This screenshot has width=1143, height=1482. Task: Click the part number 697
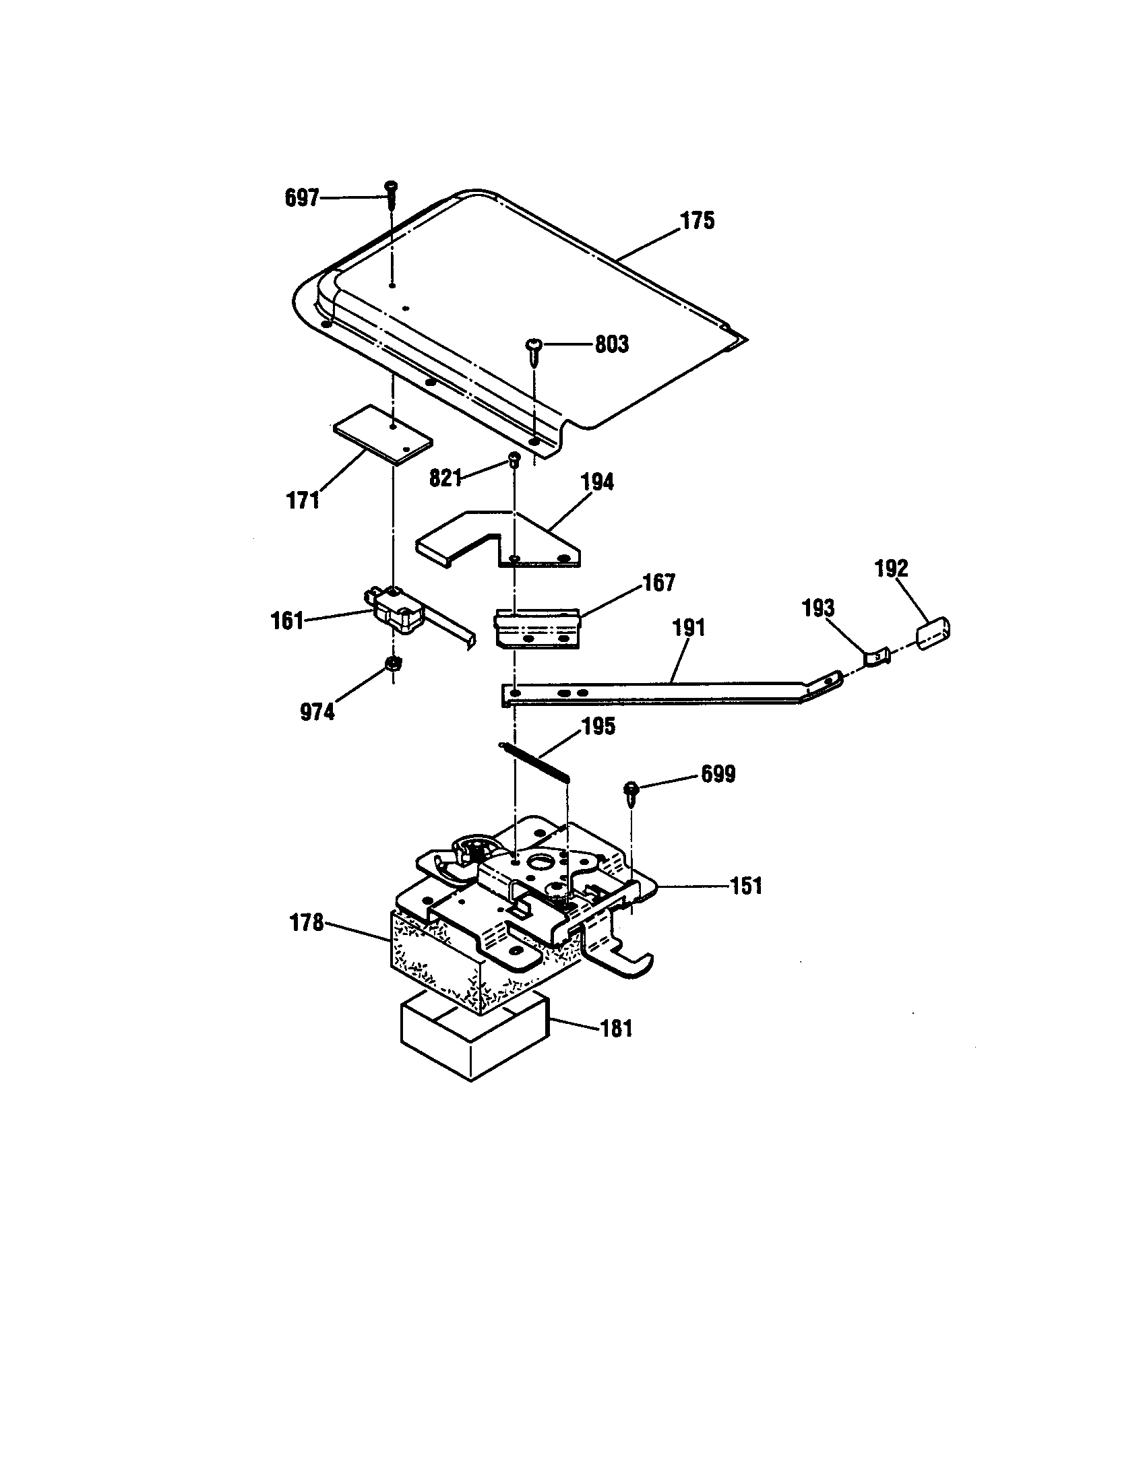[x=301, y=198]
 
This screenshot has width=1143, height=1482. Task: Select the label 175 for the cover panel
[x=698, y=221]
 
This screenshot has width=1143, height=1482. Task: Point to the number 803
[x=611, y=345]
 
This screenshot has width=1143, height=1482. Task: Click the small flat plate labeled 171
[x=382, y=434]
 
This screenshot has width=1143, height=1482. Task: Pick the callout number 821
[x=445, y=478]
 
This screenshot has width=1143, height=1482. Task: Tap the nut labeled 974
[x=392, y=664]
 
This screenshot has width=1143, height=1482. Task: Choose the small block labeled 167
[x=536, y=628]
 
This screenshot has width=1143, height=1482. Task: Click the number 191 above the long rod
[x=689, y=628]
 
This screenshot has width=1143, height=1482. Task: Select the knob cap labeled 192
[x=933, y=633]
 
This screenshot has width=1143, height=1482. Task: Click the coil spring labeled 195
[x=536, y=763]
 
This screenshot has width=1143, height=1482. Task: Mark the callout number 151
[x=746, y=886]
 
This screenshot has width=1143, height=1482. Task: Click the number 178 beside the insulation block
[x=307, y=923]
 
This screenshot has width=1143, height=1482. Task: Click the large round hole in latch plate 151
[x=543, y=864]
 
